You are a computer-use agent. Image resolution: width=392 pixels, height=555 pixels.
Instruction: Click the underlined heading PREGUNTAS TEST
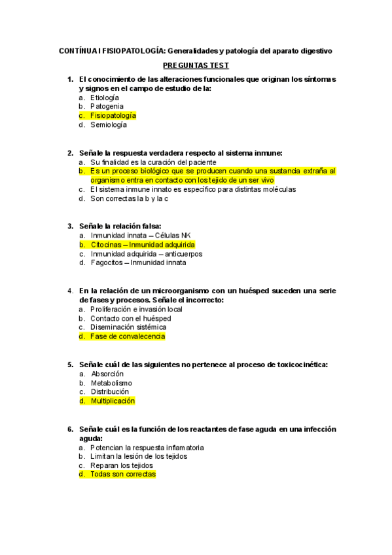click(196, 66)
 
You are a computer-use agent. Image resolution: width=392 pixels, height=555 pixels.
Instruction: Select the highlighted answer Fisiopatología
click(113, 115)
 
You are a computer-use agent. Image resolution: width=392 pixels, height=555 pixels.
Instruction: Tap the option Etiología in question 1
click(105, 97)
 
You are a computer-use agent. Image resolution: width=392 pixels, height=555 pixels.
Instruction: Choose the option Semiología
click(109, 124)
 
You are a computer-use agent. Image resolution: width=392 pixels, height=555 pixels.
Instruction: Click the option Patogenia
click(107, 106)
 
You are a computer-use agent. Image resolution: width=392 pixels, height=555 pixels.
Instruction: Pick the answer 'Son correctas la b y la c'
click(130, 198)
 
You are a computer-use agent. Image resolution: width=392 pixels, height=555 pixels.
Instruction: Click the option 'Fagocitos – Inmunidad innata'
click(138, 262)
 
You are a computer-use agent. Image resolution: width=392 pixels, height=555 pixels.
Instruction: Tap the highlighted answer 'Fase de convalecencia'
click(128, 336)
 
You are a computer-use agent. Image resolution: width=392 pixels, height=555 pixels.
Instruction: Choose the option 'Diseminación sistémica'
click(128, 327)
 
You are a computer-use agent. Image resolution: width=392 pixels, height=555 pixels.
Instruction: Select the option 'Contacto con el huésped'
click(131, 318)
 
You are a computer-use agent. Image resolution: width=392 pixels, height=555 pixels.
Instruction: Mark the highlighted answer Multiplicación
click(113, 401)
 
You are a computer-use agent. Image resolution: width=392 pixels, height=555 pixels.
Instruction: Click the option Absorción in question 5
click(107, 373)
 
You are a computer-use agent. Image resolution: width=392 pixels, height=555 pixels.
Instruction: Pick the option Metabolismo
click(111, 383)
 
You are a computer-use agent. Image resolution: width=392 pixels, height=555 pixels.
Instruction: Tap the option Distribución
click(110, 391)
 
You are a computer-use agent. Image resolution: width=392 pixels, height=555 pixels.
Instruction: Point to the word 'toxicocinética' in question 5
click(300, 364)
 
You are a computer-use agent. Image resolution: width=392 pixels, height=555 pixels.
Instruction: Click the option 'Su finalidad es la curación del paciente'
click(153, 162)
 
